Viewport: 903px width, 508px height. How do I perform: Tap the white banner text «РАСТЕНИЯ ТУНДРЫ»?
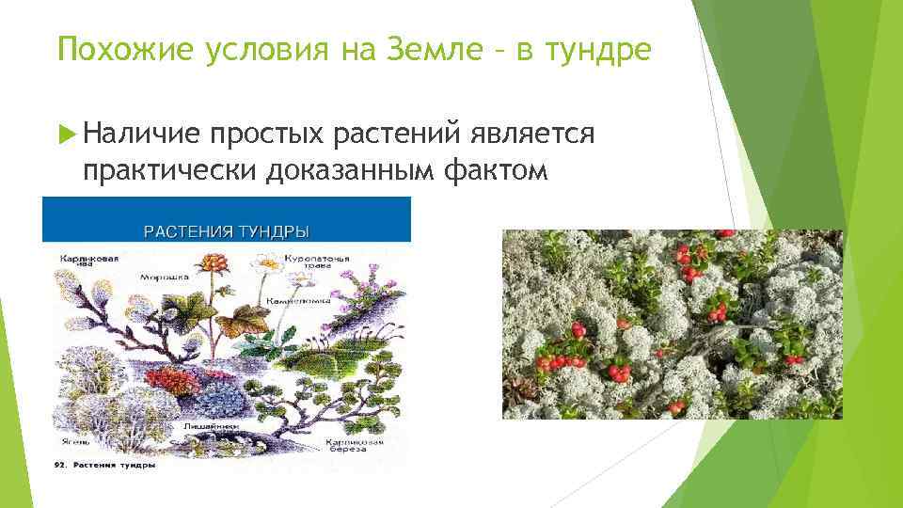click(226, 230)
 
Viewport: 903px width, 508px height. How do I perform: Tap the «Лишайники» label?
click(215, 425)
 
